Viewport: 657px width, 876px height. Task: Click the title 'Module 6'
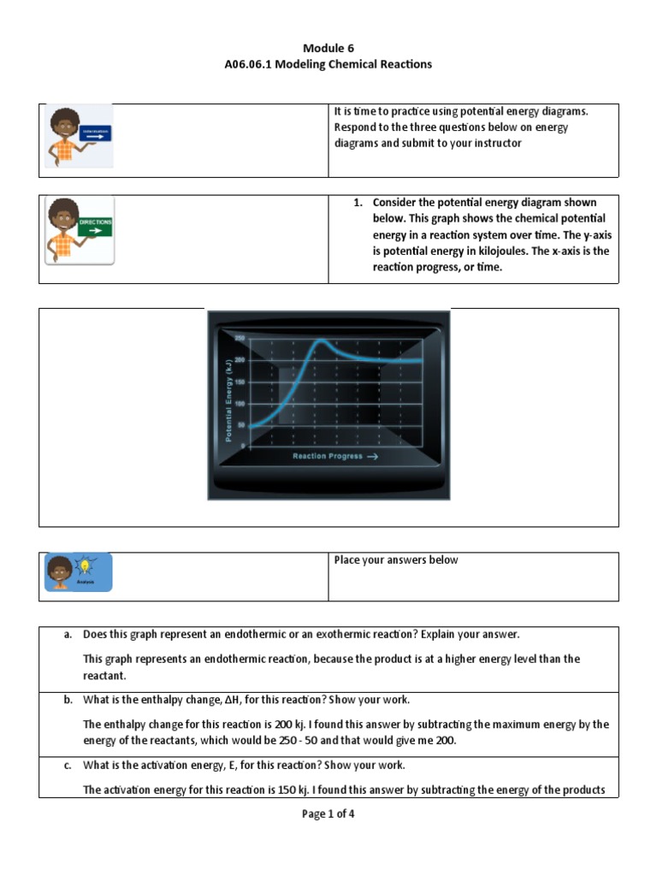pos(328,48)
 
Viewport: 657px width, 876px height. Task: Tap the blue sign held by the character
pos(95,134)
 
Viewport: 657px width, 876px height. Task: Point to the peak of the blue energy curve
pos(319,340)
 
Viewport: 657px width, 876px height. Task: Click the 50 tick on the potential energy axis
pos(240,425)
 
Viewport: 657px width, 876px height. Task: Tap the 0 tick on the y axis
pos(242,447)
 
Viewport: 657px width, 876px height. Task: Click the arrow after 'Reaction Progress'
pos(372,456)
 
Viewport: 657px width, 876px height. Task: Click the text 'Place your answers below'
pos(395,560)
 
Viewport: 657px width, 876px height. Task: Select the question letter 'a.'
pos(68,635)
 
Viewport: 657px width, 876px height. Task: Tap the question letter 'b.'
pos(68,700)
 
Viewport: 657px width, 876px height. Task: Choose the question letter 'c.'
pos(68,765)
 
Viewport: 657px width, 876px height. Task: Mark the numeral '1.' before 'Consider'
pos(359,203)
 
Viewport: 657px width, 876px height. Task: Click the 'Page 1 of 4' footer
pos(328,814)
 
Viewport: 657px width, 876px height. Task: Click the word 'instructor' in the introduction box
pos(493,143)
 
